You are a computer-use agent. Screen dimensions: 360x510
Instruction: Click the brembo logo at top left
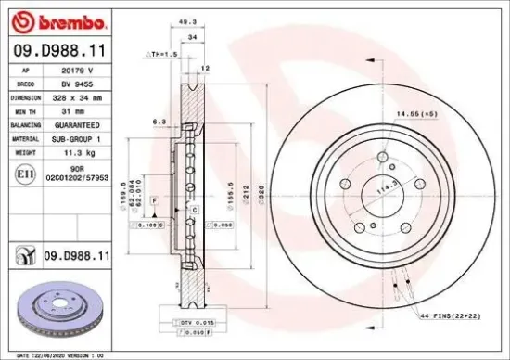pyautogui.click(x=57, y=20)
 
